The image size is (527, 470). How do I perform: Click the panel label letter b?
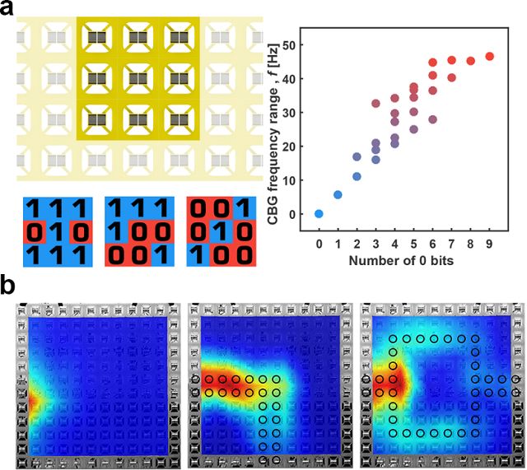click(x=12, y=289)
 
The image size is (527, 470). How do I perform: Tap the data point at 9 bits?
click(x=490, y=57)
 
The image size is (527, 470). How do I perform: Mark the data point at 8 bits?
click(x=471, y=61)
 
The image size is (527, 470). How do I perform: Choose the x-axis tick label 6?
click(x=433, y=244)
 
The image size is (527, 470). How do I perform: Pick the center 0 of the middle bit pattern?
click(x=133, y=233)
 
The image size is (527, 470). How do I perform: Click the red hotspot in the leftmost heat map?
click(x=33, y=398)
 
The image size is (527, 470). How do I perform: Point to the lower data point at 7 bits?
click(x=452, y=78)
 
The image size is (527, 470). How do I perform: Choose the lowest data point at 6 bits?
click(x=433, y=119)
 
